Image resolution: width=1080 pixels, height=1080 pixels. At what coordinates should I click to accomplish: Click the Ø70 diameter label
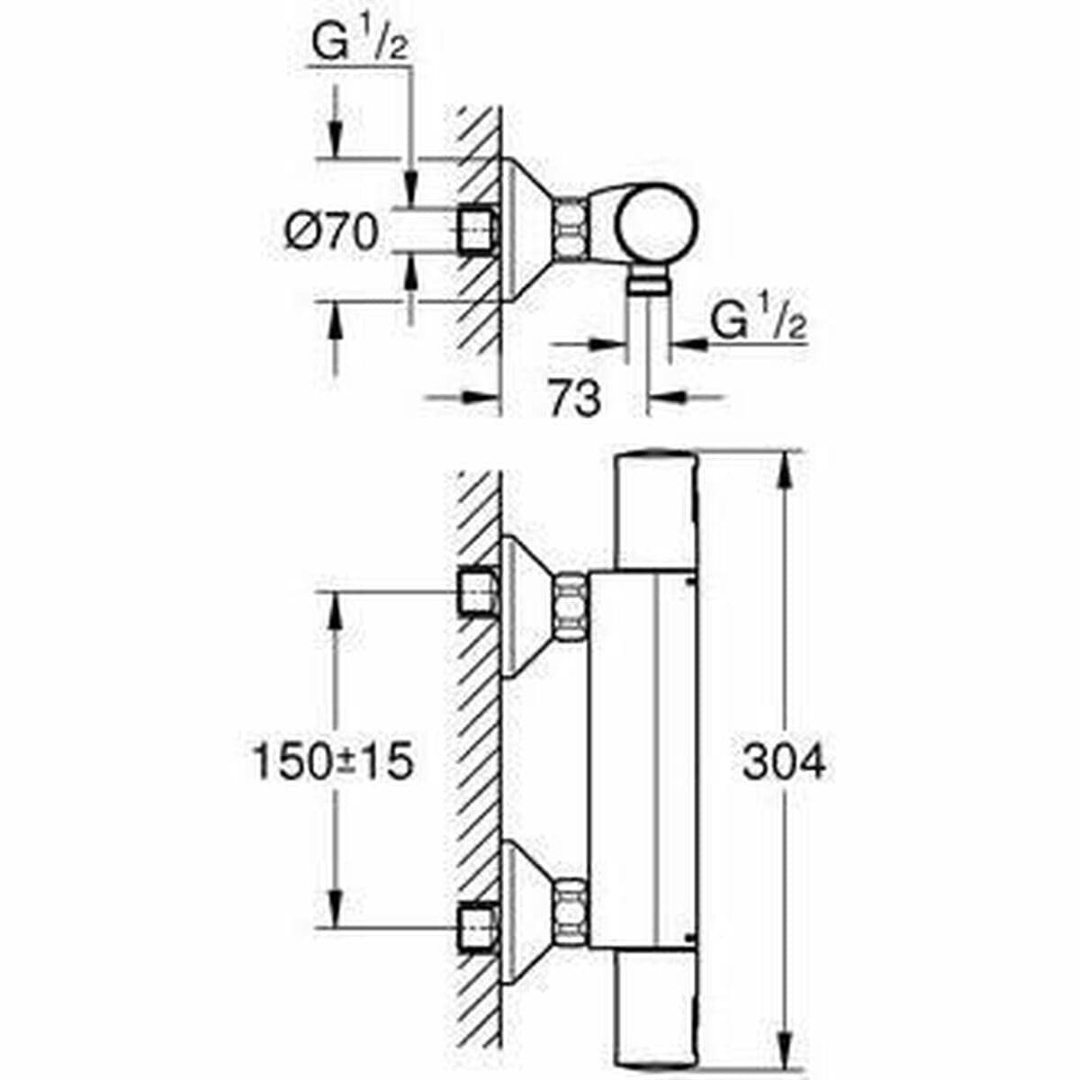(x=330, y=234)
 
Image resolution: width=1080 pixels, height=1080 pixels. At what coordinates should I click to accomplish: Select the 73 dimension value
(x=573, y=398)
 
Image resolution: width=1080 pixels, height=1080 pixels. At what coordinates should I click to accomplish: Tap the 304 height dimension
(x=784, y=763)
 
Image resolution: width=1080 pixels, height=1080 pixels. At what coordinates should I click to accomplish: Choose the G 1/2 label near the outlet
(x=758, y=321)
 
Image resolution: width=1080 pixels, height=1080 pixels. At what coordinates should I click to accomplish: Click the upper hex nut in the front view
(x=570, y=608)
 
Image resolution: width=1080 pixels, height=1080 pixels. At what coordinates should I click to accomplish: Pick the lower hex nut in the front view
(x=570, y=912)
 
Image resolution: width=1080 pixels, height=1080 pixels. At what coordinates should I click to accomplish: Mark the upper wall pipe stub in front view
(x=478, y=592)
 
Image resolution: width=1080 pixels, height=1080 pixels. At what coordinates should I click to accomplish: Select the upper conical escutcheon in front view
(x=524, y=607)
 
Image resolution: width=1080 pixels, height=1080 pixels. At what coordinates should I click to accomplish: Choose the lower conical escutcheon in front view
(x=524, y=911)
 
